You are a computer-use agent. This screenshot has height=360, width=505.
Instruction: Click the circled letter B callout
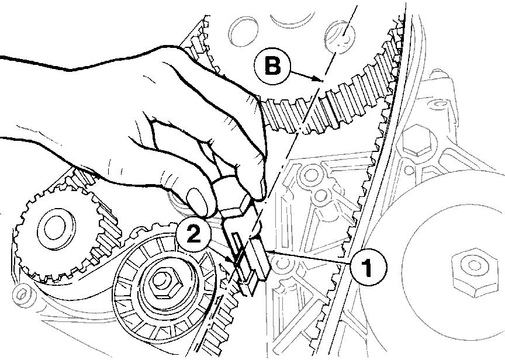(272, 66)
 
